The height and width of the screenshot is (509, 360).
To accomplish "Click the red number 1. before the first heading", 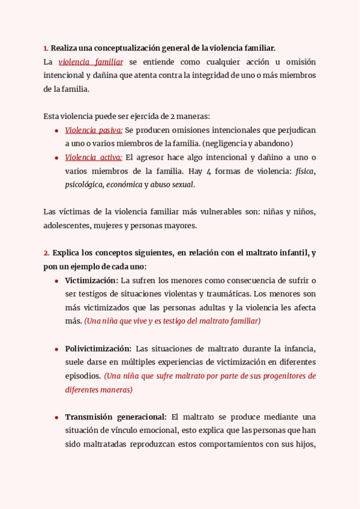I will (x=46, y=48).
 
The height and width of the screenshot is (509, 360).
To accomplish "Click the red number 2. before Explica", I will (x=46, y=253).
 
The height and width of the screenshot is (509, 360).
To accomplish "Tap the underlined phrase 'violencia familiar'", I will (x=91, y=62).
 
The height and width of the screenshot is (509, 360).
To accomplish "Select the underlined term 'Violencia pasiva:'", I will (x=94, y=130).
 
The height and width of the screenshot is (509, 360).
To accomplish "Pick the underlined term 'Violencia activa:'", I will (x=94, y=158).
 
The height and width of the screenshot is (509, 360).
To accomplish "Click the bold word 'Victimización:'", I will (x=91, y=280).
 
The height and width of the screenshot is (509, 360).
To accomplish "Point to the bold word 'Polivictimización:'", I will (x=98, y=349).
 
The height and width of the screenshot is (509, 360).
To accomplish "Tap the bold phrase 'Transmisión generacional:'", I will (x=115, y=417).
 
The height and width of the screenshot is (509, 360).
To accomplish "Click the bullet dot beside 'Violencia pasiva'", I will (x=56, y=131).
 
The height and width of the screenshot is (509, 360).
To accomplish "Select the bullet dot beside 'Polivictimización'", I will (x=56, y=349).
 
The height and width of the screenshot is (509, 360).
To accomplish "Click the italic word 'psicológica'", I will (x=84, y=185).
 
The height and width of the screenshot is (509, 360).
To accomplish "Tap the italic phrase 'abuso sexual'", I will (x=172, y=185).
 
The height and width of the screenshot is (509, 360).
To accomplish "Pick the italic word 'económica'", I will (x=124, y=185).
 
